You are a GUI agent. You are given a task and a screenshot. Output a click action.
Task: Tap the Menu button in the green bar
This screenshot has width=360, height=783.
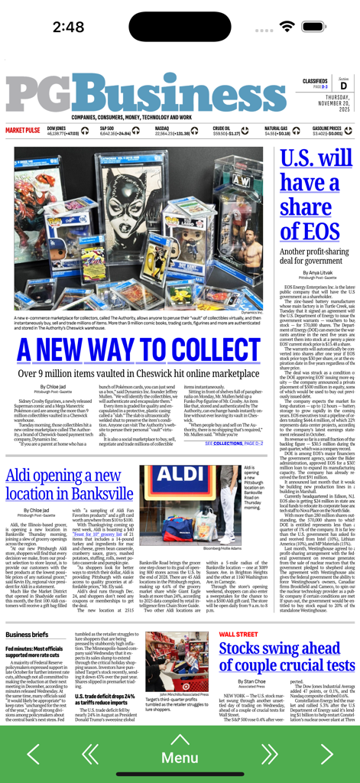pyautogui.click(x=180, y=757)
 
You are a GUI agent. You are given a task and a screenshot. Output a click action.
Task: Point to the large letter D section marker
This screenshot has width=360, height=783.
pyautogui.click(x=343, y=86)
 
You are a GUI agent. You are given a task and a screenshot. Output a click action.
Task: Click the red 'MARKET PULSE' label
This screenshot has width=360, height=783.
pyautogui.click(x=23, y=131)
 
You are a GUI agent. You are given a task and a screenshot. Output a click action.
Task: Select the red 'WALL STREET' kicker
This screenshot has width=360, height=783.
pyautogui.click(x=238, y=634)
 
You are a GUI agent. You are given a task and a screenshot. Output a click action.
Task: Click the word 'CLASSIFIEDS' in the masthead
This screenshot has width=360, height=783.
pyautogui.click(x=315, y=81)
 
